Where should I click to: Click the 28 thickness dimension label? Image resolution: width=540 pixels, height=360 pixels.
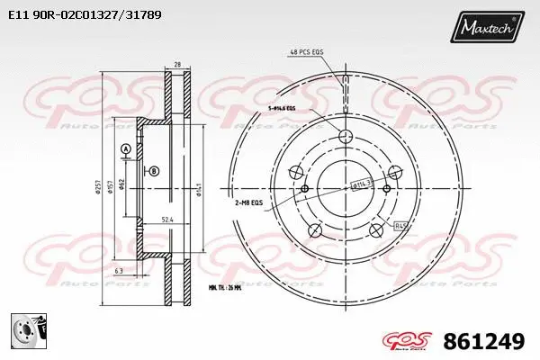point(178,66)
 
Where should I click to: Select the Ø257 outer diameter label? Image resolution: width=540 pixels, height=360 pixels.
point(101,187)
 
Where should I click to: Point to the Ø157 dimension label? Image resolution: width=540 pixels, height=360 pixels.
point(111,187)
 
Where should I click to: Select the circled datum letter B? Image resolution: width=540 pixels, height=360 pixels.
point(154,171)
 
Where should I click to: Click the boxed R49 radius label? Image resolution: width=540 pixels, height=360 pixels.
point(401,226)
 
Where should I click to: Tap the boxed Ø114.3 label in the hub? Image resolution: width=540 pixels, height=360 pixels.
point(361,184)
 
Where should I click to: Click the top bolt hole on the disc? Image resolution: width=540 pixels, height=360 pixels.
point(345,136)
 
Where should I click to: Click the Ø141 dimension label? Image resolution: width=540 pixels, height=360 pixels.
point(198,188)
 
